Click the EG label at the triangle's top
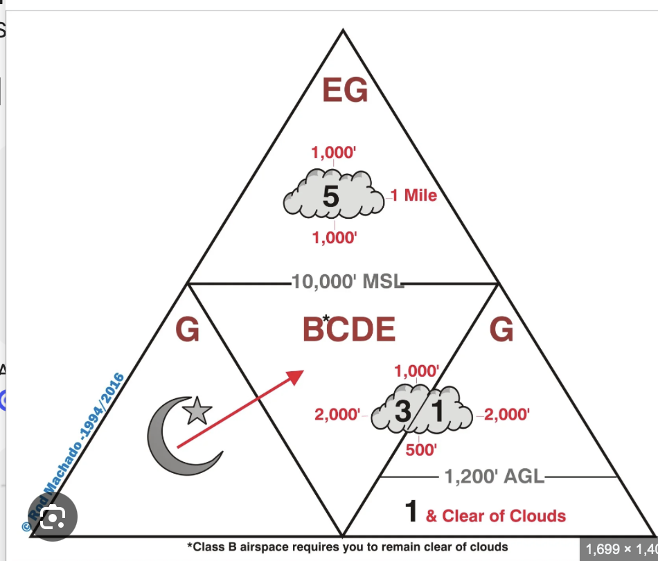[345, 90]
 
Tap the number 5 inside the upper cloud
[330, 196]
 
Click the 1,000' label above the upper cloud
[334, 152]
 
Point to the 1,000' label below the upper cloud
[335, 238]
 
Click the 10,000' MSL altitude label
[348, 282]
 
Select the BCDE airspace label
[349, 330]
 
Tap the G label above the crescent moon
[187, 330]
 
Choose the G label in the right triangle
[501, 330]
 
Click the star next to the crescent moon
[197, 411]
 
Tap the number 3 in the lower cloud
[403, 411]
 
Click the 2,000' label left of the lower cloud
[337, 415]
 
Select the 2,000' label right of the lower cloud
[507, 415]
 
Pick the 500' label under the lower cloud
[421, 449]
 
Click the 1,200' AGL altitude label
[495, 477]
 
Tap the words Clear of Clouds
[504, 516]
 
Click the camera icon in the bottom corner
[53, 517]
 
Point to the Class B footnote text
[348, 547]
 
